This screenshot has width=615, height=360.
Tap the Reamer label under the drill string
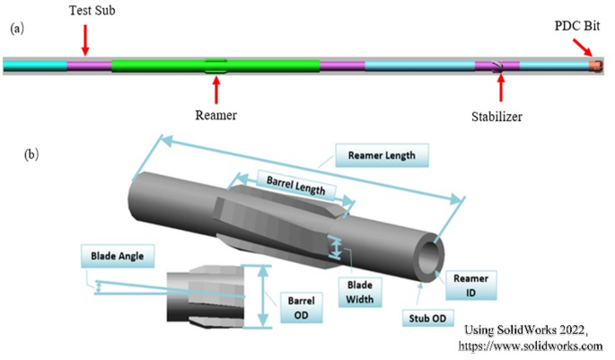pos(215,115)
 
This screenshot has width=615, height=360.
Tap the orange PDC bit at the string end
pos(595,66)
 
